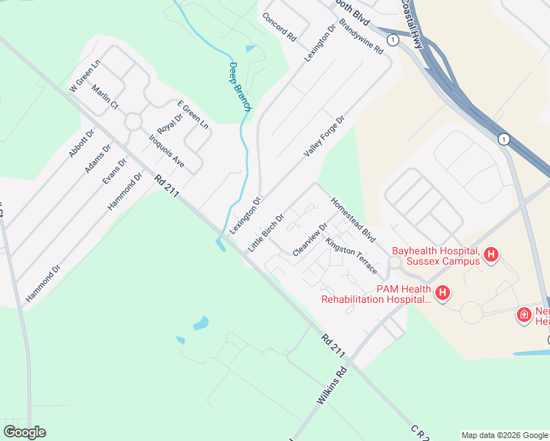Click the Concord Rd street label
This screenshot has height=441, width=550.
tap(279, 27)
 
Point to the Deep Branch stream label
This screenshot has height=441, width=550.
tap(239, 87)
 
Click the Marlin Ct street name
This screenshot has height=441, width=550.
tap(105, 96)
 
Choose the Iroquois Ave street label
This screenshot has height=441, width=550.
tap(166, 151)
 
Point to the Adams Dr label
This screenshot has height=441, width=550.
tap(98, 158)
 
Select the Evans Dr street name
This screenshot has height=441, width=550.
tap(115, 171)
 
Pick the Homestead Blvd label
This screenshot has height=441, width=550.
tap(353, 220)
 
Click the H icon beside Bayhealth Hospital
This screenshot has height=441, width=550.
tap(491, 256)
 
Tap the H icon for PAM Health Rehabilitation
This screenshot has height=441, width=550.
tap(443, 294)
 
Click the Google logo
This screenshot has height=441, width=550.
tap(24, 432)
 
